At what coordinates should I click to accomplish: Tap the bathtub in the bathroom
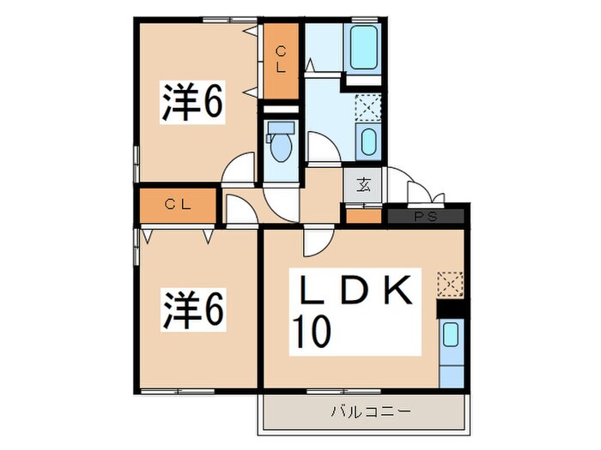click(363, 47)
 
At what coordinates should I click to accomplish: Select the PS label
click(426, 217)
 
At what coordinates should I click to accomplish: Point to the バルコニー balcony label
click(370, 412)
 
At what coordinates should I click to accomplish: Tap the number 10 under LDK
click(311, 332)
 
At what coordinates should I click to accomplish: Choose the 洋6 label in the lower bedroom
click(193, 310)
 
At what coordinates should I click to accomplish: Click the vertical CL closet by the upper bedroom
click(281, 61)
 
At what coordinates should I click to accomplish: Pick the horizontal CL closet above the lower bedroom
click(178, 206)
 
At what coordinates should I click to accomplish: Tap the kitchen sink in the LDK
click(451, 335)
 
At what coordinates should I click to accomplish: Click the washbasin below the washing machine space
click(368, 142)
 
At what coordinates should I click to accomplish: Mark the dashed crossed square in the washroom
click(367, 108)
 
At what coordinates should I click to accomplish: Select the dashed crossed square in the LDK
click(451, 285)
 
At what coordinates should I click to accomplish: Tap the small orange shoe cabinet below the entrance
click(364, 216)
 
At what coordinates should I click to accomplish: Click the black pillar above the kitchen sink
click(451, 309)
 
